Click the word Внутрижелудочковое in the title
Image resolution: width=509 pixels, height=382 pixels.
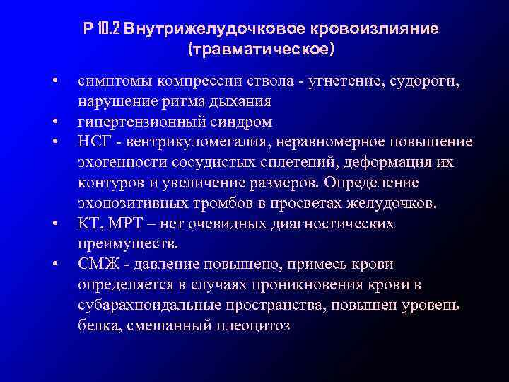point(201,30)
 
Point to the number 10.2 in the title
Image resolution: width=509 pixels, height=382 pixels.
point(111,30)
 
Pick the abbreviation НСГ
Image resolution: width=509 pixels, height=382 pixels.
point(94,142)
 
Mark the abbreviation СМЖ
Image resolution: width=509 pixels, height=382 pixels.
point(97,265)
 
